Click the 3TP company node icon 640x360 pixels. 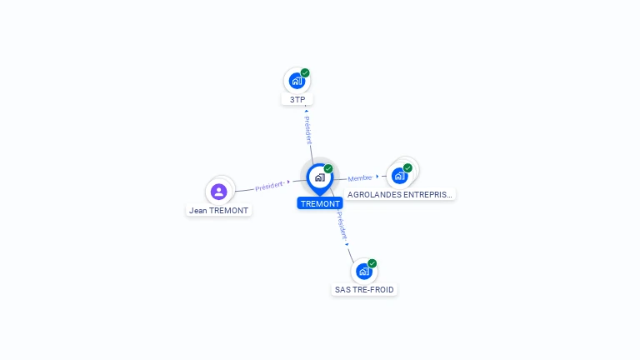click(x=296, y=82)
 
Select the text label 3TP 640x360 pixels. click(x=297, y=100)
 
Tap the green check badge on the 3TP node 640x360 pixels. click(x=305, y=73)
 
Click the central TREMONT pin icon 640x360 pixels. click(x=319, y=177)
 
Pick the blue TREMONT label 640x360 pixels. click(x=320, y=203)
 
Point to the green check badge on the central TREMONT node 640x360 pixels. click(x=328, y=169)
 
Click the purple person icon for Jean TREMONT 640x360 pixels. click(x=219, y=192)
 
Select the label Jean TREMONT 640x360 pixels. click(x=219, y=211)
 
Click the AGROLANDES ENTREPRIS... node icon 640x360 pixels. click(x=399, y=176)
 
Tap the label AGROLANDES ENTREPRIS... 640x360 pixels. click(x=400, y=194)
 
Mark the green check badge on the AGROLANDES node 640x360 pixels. click(x=407, y=167)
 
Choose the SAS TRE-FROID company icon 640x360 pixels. click(x=363, y=272)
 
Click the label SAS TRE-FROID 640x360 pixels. click(x=364, y=290)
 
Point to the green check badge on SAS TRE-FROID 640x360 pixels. click(x=372, y=263)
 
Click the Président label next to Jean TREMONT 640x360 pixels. click(x=270, y=186)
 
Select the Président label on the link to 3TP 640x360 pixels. click(x=308, y=130)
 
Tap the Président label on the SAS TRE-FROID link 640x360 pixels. click(x=342, y=225)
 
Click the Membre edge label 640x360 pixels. click(x=360, y=177)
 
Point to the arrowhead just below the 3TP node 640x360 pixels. click(x=307, y=110)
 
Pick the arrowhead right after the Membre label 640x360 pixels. click(x=377, y=177)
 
